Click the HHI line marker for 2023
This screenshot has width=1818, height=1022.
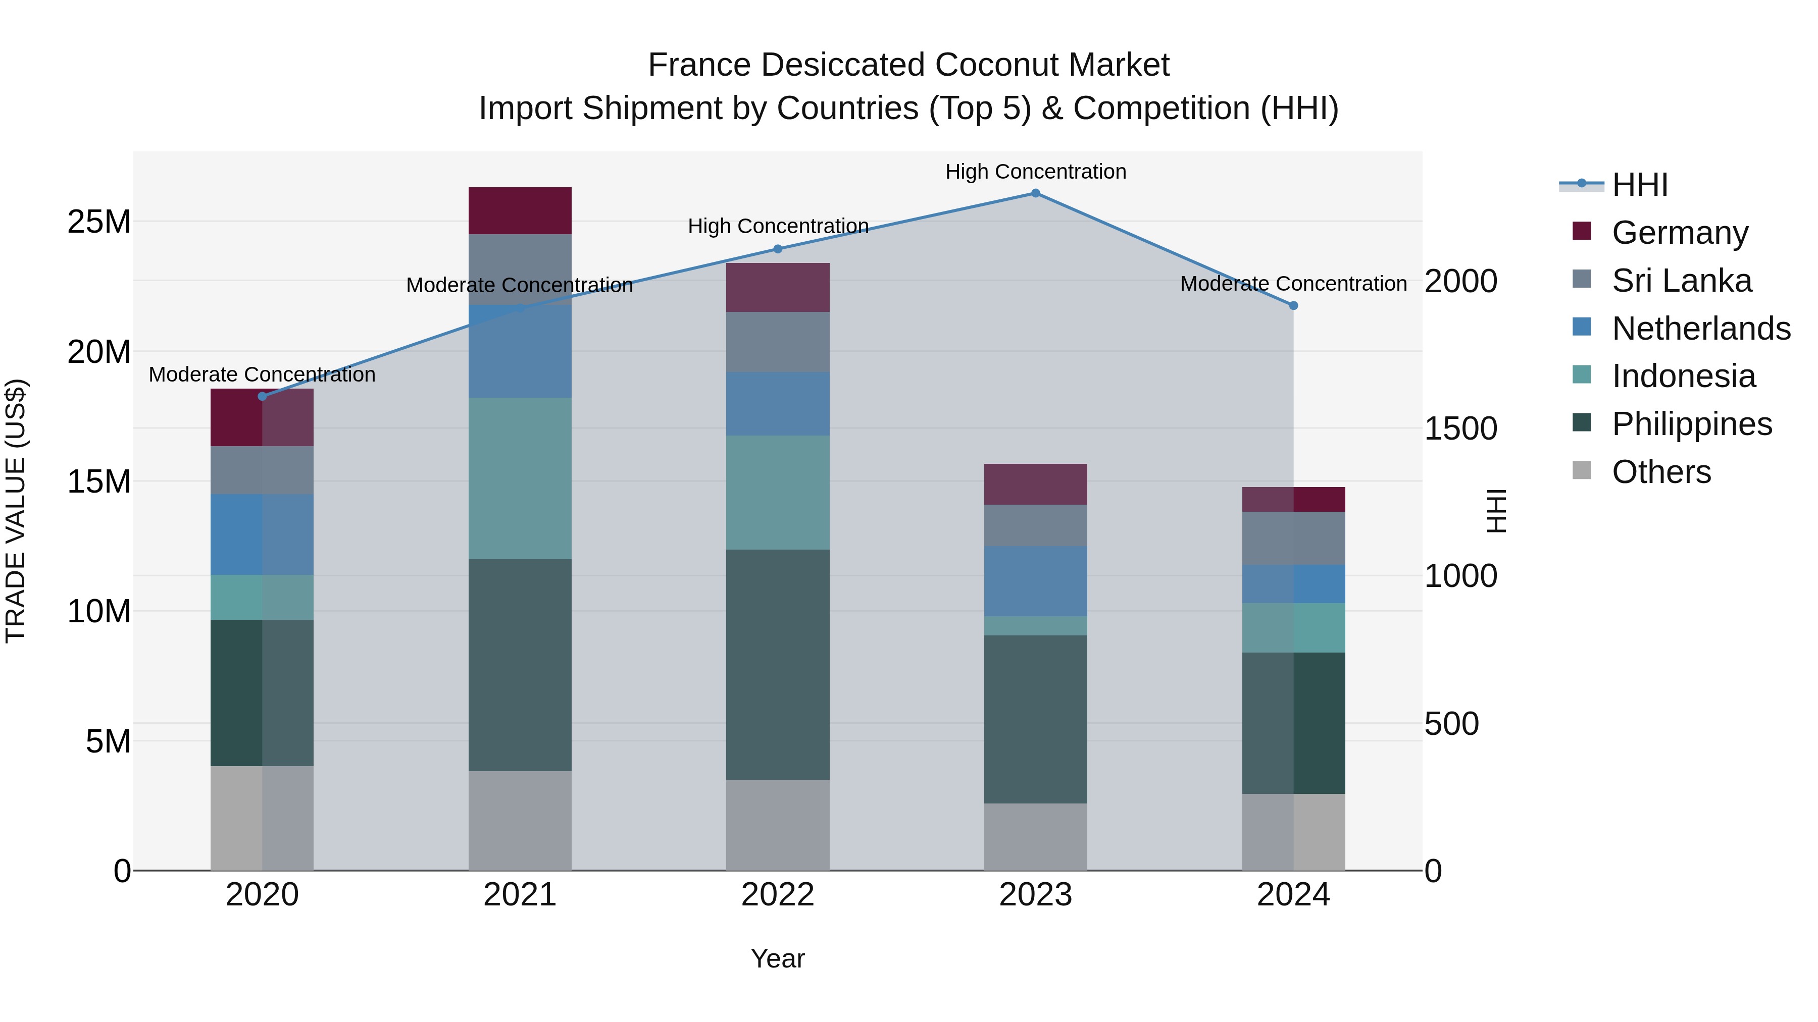pos(1035,193)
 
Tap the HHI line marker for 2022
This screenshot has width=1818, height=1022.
pos(778,249)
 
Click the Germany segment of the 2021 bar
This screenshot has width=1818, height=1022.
pos(520,211)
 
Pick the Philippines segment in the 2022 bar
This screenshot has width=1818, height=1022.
pos(778,664)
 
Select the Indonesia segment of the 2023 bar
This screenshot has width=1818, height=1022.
pos(1035,626)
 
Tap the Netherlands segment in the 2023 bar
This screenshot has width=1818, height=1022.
pos(1035,581)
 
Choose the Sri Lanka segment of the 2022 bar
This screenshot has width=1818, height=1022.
pos(778,342)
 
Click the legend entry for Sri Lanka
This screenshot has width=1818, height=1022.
pos(1681,281)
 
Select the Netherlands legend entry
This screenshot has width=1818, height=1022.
pos(1701,329)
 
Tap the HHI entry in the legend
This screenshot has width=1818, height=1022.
pos(1639,185)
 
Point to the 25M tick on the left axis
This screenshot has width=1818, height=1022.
pos(99,222)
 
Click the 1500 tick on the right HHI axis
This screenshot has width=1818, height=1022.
pos(1460,429)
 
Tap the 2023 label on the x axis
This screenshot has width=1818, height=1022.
pos(1035,895)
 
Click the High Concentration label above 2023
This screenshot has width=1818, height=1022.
pos(1035,172)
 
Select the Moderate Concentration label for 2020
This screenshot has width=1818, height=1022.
pos(262,374)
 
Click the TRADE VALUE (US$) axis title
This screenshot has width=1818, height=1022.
pos(16,511)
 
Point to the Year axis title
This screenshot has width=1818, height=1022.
pos(778,958)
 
